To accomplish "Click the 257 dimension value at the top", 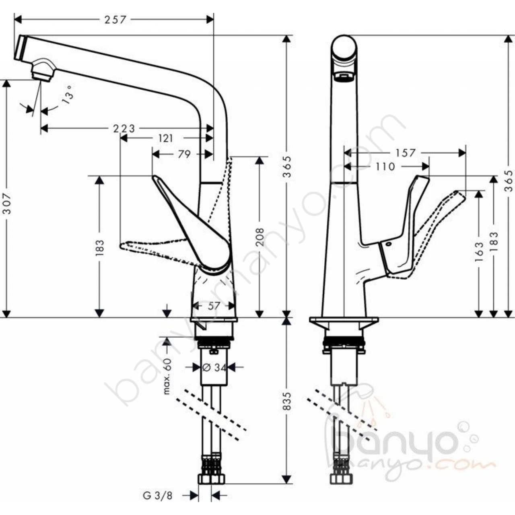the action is tap(115, 20).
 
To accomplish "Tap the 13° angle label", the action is tap(67, 95).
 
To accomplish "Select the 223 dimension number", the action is tap(124, 129).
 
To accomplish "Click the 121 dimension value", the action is tap(166, 138).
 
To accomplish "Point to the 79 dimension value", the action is tap(184, 154).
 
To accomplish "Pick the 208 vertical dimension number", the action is tap(260, 237).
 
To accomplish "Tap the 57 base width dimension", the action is tap(214, 306).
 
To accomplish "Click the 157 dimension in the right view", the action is tap(405, 153).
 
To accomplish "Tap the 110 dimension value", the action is tap(385, 167).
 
